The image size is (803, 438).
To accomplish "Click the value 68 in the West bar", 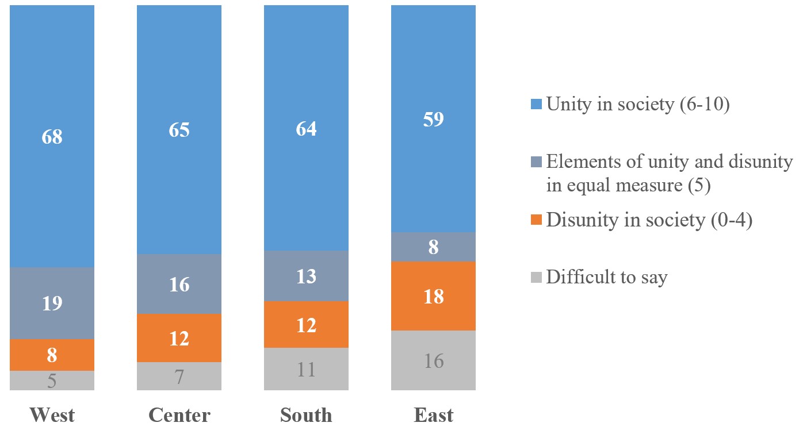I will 52,137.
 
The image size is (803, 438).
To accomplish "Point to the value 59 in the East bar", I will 433,120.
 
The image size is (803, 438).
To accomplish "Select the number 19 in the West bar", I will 52,303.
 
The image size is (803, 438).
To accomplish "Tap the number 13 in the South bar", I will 306,276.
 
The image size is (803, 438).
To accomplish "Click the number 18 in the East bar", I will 433,297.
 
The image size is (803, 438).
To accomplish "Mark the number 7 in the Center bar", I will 179,378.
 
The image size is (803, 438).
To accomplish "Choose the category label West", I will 52,415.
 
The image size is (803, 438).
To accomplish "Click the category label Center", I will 179,415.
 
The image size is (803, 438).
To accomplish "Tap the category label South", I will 306,415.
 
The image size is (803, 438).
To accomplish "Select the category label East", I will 433,415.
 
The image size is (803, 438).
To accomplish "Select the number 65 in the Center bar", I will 179,130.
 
